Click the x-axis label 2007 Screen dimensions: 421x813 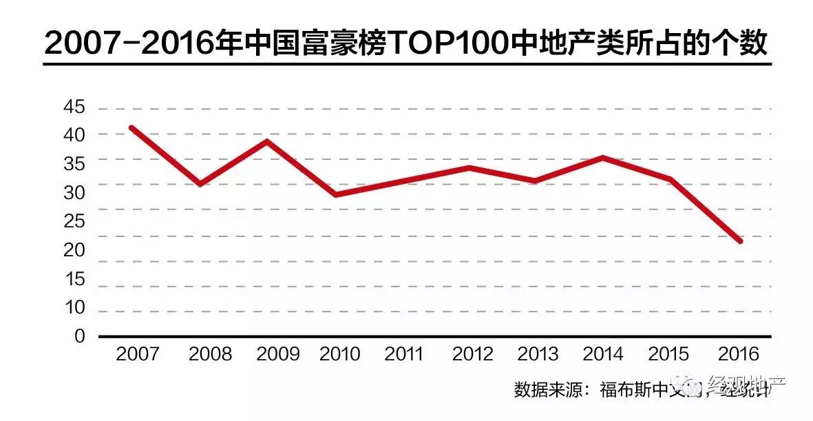pos(138,354)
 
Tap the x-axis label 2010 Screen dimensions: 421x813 pos(340,354)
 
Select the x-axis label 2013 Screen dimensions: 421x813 pos(538,354)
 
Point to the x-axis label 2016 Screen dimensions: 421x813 pos(738,354)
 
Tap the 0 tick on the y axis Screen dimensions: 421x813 pos(80,337)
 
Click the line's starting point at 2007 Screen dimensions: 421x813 pos(131,127)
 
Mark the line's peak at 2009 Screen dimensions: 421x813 pos(266,141)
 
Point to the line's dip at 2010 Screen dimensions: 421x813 pos(335,195)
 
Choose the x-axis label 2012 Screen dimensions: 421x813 pos(473,354)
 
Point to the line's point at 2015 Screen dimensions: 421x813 pos(670,179)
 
